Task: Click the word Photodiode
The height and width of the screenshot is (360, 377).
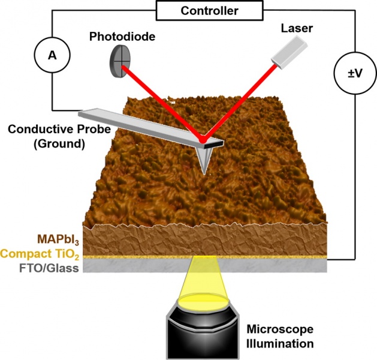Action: click(x=122, y=37)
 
